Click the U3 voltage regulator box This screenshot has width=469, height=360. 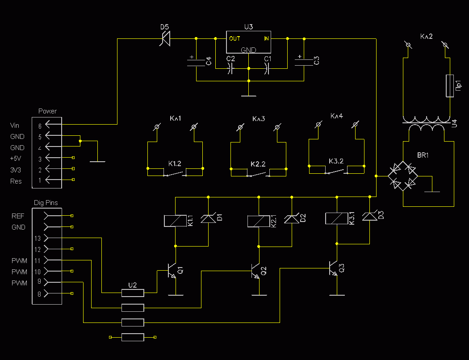tap(248, 42)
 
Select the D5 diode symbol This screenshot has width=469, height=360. tap(165, 38)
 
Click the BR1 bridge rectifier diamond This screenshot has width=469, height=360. tap(402, 176)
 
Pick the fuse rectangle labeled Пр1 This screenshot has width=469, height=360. tap(449, 86)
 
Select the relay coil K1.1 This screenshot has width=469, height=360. tap(175, 221)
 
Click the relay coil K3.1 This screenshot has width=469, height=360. tap(336, 218)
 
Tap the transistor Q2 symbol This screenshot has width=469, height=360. tap(255, 271)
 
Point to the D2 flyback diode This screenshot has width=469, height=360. tap(292, 218)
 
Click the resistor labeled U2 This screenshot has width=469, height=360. tap(133, 293)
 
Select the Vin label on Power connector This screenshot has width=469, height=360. tap(15, 125)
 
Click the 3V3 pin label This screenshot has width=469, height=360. tap(16, 170)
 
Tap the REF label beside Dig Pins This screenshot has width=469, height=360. tap(18, 216)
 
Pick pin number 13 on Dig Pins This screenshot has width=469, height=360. tap(38, 239)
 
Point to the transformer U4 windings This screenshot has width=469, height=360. tap(426, 124)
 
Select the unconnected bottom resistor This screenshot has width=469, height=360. tap(133, 337)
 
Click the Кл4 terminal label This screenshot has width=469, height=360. tap(336, 116)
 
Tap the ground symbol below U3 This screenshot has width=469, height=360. tap(248, 96)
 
